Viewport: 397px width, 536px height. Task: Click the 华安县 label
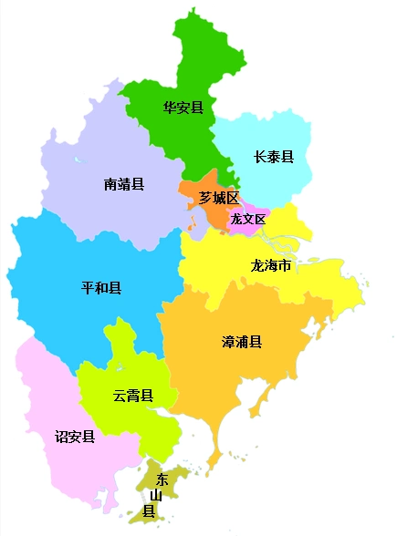coord(183,108)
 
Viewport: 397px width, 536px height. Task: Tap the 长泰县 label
coord(273,157)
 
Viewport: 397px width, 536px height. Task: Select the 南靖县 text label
coord(124,184)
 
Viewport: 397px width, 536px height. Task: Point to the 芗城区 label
coord(219,198)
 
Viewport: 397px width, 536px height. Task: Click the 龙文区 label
coord(247,219)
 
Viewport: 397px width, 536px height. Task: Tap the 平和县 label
coord(101,289)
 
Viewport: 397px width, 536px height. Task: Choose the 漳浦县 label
coord(242,342)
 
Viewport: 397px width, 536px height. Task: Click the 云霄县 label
coord(132,396)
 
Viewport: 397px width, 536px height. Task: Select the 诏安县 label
coord(75,437)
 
